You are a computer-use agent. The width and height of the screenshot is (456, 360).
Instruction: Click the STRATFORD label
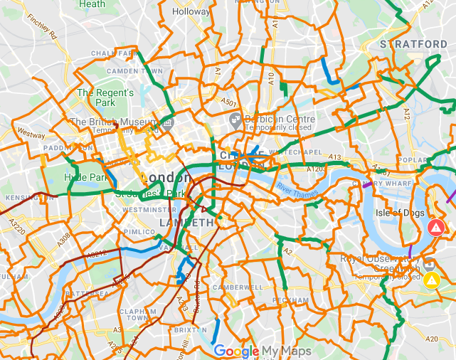(x=413, y=44)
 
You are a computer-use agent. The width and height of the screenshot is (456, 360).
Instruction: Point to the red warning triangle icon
(x=435, y=228)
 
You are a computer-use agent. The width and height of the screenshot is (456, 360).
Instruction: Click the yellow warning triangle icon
(x=431, y=280)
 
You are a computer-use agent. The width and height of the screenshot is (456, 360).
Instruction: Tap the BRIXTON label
(x=189, y=331)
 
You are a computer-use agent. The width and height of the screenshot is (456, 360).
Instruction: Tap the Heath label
(x=92, y=4)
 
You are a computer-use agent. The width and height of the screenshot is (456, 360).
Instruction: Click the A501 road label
(x=229, y=102)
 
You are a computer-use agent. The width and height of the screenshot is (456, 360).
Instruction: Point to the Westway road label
(x=31, y=133)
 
